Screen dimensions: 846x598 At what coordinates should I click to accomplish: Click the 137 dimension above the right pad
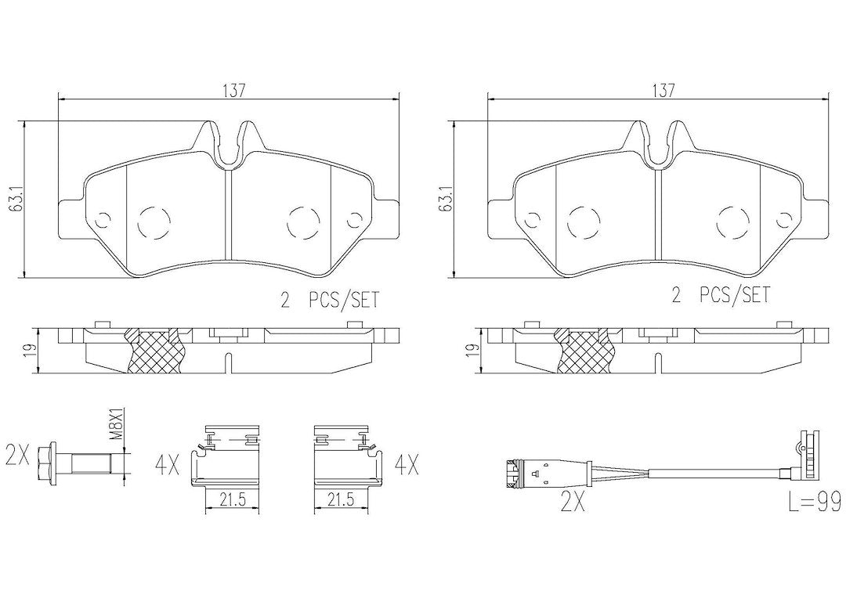tap(663, 91)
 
